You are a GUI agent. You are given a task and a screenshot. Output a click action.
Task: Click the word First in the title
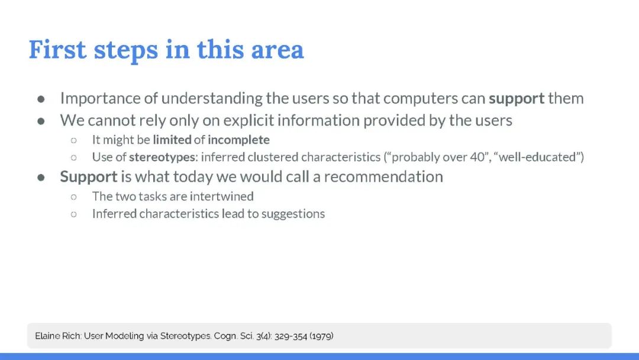(x=57, y=50)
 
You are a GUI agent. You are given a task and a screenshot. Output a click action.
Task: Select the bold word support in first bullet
(x=517, y=99)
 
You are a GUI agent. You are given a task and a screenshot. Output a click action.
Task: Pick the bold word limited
(x=172, y=140)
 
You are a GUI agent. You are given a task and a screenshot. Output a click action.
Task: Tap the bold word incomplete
(x=238, y=140)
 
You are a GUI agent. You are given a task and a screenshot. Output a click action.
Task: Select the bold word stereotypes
(x=162, y=157)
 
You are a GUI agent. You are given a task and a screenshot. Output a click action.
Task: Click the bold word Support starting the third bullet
(x=89, y=178)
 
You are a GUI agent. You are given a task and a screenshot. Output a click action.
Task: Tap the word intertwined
(x=221, y=196)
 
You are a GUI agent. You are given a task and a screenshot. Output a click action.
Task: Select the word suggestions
(x=293, y=214)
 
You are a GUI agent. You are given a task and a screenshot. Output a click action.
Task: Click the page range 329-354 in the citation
(x=291, y=336)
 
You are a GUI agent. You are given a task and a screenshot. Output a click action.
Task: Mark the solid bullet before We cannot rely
(x=41, y=121)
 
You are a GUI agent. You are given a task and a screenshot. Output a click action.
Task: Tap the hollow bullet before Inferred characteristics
(x=74, y=214)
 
